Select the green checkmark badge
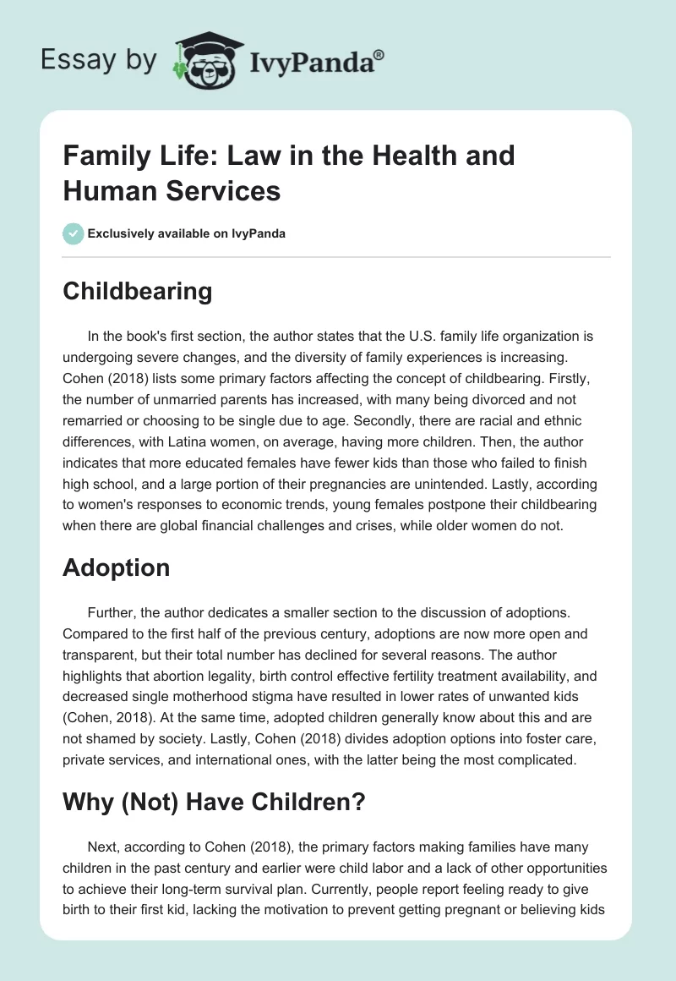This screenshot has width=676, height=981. click(x=74, y=233)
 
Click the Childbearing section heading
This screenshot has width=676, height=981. click(x=137, y=292)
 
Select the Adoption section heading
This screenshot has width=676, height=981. click(x=116, y=567)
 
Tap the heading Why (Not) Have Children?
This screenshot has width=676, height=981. click(x=214, y=801)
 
